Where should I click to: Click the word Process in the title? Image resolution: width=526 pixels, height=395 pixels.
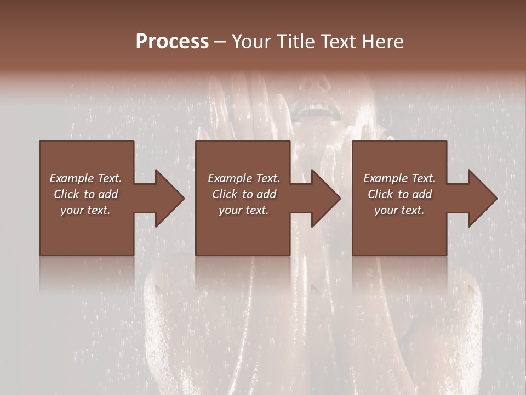point(172,42)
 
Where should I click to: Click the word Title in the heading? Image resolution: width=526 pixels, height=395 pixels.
point(296,42)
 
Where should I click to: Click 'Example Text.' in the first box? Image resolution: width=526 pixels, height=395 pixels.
point(85,178)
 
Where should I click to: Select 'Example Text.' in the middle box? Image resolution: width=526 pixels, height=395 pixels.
point(244,178)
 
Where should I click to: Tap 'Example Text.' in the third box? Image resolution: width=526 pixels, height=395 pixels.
point(399,178)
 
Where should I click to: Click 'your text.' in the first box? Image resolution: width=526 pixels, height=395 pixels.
point(85,210)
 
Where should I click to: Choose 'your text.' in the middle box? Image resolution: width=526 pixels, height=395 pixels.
point(244,210)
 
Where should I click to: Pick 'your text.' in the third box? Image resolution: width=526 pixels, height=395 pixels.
point(399,210)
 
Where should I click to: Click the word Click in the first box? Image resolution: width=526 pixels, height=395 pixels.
point(66,194)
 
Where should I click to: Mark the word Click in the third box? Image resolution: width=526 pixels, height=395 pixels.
point(380,194)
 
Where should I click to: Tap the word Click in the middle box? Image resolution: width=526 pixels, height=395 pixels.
point(225,194)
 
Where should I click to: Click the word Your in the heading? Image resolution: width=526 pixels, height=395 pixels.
point(251,42)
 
